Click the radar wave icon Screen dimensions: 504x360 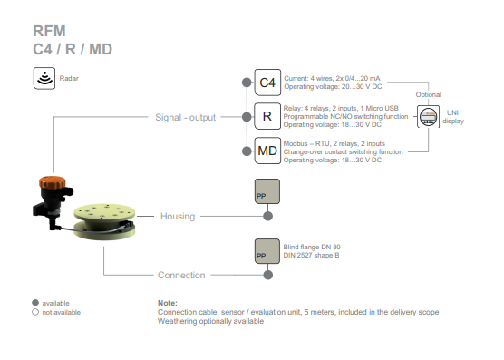tap(44, 78)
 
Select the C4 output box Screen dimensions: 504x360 tap(267, 83)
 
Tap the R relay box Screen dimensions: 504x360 tap(267, 116)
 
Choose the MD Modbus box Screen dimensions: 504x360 tap(267, 151)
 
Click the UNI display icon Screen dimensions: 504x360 tap(428, 116)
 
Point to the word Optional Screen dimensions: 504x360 tap(428, 95)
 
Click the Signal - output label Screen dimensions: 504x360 tap(186, 117)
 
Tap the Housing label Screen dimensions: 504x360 tap(178, 216)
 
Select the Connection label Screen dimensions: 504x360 tap(181, 275)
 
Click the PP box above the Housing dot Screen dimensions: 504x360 tap(267, 191)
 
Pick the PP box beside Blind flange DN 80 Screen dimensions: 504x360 tap(267, 251)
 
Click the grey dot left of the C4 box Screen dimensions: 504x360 tap(247, 83)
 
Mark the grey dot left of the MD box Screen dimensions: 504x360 tap(247, 151)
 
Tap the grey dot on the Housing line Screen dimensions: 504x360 tap(267, 216)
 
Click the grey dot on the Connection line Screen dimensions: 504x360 tap(267, 275)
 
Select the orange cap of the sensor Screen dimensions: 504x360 tap(52, 182)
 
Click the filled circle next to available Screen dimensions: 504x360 tap(35, 303)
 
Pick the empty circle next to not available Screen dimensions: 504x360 tap(35, 312)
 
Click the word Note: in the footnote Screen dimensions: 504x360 tap(168, 303)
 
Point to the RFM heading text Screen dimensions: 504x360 tap(49, 31)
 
